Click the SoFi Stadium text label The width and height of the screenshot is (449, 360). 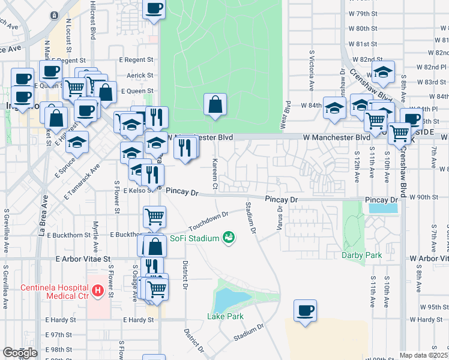(194, 238)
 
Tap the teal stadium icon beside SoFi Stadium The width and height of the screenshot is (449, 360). (228, 238)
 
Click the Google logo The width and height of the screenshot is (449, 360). (20, 353)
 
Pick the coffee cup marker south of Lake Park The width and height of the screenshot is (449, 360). (305, 311)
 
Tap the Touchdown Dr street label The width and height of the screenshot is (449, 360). (208, 221)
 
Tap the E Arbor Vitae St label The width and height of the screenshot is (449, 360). (84, 259)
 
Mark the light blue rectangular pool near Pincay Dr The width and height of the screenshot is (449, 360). (383, 209)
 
